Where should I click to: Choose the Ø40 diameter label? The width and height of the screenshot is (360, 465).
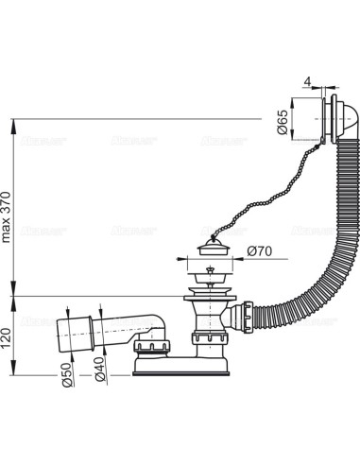99,377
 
